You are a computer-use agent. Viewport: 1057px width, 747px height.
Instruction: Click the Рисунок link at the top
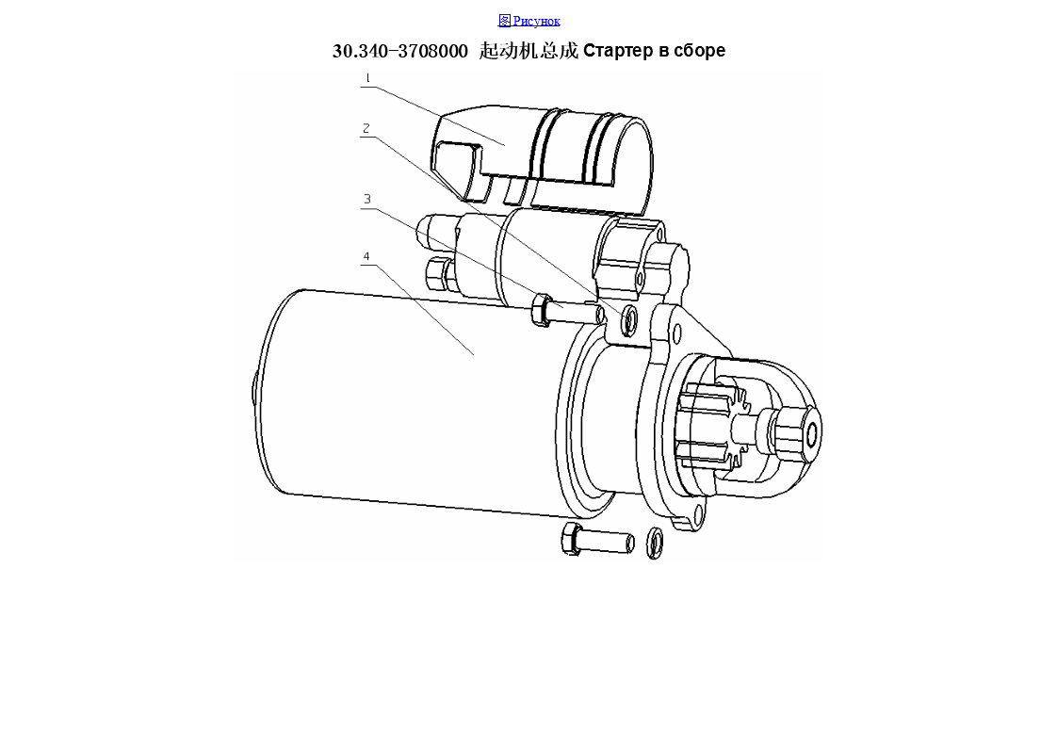[x=529, y=21]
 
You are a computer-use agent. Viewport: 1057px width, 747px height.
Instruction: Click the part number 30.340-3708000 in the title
[x=400, y=51]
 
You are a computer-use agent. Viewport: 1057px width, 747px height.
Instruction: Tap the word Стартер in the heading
[x=618, y=51]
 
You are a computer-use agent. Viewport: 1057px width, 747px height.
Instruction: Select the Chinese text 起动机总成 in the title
[x=528, y=51]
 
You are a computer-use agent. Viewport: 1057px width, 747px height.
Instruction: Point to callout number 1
[x=367, y=78]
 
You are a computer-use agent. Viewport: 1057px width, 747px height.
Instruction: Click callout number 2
[x=366, y=128]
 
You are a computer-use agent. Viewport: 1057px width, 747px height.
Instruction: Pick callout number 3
[x=367, y=199]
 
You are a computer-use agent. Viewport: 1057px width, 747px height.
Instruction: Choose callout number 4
[x=366, y=256]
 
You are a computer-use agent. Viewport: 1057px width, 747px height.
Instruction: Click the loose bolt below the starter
[x=597, y=540]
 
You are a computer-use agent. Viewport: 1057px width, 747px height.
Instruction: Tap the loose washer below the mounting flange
[x=655, y=543]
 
